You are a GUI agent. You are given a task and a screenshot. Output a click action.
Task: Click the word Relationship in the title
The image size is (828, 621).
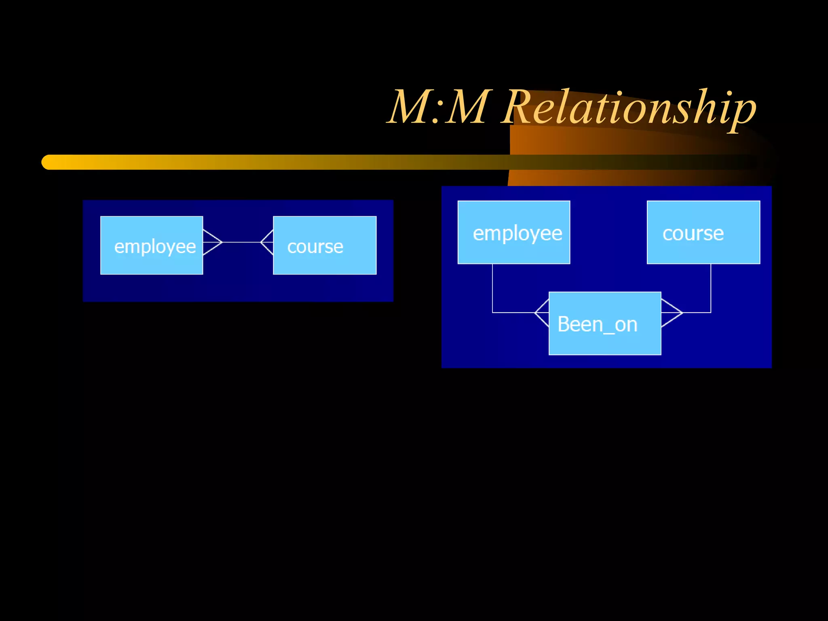(629, 107)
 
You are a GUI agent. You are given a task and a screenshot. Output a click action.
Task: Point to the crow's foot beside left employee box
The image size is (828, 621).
(212, 242)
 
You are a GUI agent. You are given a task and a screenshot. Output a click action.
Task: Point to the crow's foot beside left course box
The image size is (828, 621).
(267, 242)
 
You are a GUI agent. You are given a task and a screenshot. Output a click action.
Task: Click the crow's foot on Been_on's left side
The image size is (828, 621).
(542, 313)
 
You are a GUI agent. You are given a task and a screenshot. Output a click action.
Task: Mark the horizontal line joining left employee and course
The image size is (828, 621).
(242, 242)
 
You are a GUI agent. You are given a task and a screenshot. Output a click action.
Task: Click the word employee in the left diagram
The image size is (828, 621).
(155, 247)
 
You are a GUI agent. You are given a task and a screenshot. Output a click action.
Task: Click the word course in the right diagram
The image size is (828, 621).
(693, 233)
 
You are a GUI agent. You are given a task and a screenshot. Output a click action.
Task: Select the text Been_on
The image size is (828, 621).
(597, 324)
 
